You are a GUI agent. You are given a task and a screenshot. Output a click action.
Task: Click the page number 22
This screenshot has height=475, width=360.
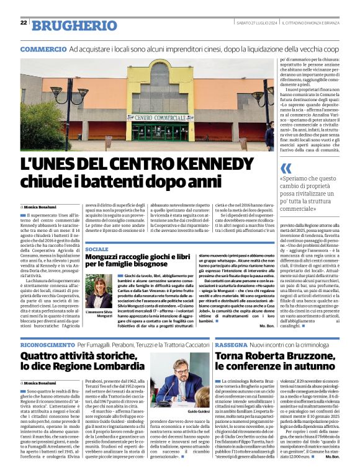click(x=24, y=22)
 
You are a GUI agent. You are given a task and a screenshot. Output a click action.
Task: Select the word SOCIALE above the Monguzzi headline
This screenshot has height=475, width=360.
click(x=96, y=249)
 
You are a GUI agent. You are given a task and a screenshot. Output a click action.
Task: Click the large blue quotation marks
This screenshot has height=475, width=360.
click(x=286, y=168)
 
